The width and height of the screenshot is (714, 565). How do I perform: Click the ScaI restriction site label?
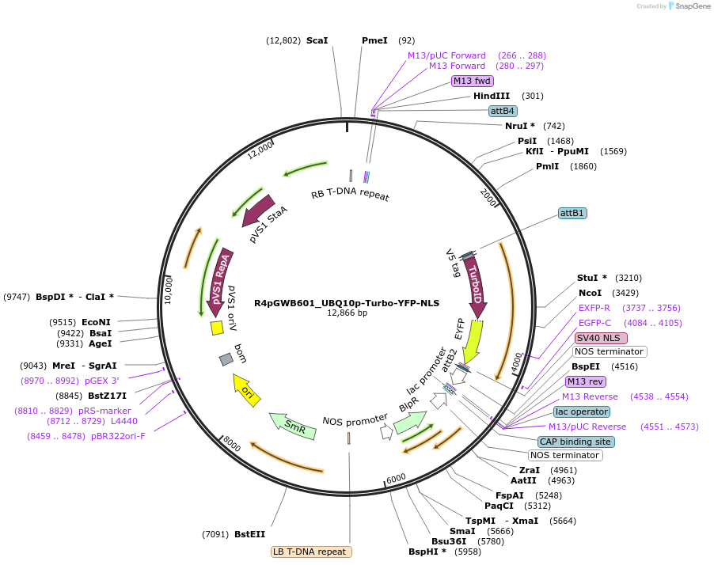click(x=317, y=40)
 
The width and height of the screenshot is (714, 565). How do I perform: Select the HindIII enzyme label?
click(x=492, y=96)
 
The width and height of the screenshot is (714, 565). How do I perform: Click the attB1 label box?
click(x=572, y=214)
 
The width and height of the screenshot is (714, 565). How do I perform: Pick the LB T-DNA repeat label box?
click(x=311, y=552)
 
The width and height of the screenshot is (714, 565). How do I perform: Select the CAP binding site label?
click(x=575, y=442)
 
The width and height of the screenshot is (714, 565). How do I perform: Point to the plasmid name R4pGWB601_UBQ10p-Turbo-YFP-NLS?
click(x=347, y=303)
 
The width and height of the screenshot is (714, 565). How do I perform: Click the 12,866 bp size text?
click(x=347, y=313)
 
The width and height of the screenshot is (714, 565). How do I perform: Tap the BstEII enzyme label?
click(x=249, y=534)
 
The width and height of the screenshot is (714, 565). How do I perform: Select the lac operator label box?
click(x=582, y=411)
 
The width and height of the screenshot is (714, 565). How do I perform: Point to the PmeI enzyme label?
click(x=374, y=40)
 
